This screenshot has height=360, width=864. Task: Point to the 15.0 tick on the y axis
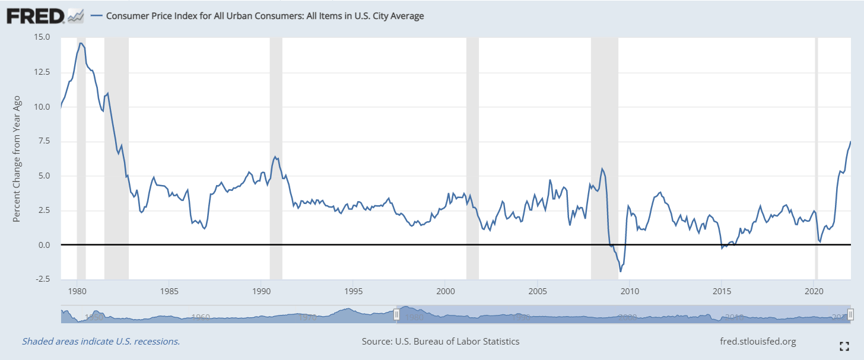(x=43, y=37)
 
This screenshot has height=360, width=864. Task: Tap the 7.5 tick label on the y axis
(x=45, y=141)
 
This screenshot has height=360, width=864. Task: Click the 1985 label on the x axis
(x=169, y=291)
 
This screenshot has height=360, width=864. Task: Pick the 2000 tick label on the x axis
(x=446, y=291)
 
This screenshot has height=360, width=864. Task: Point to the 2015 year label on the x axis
(x=722, y=291)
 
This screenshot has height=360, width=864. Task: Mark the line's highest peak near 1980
(x=81, y=43)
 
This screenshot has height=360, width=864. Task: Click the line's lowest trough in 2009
(x=621, y=272)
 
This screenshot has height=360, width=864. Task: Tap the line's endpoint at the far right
(x=850, y=141)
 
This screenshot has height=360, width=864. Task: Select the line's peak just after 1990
(x=274, y=157)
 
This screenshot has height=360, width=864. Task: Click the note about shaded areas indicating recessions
(x=101, y=342)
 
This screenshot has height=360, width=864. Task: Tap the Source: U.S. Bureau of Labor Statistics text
(x=440, y=342)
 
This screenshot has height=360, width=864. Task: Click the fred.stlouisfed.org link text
(x=757, y=342)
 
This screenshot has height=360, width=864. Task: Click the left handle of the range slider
(x=396, y=314)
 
